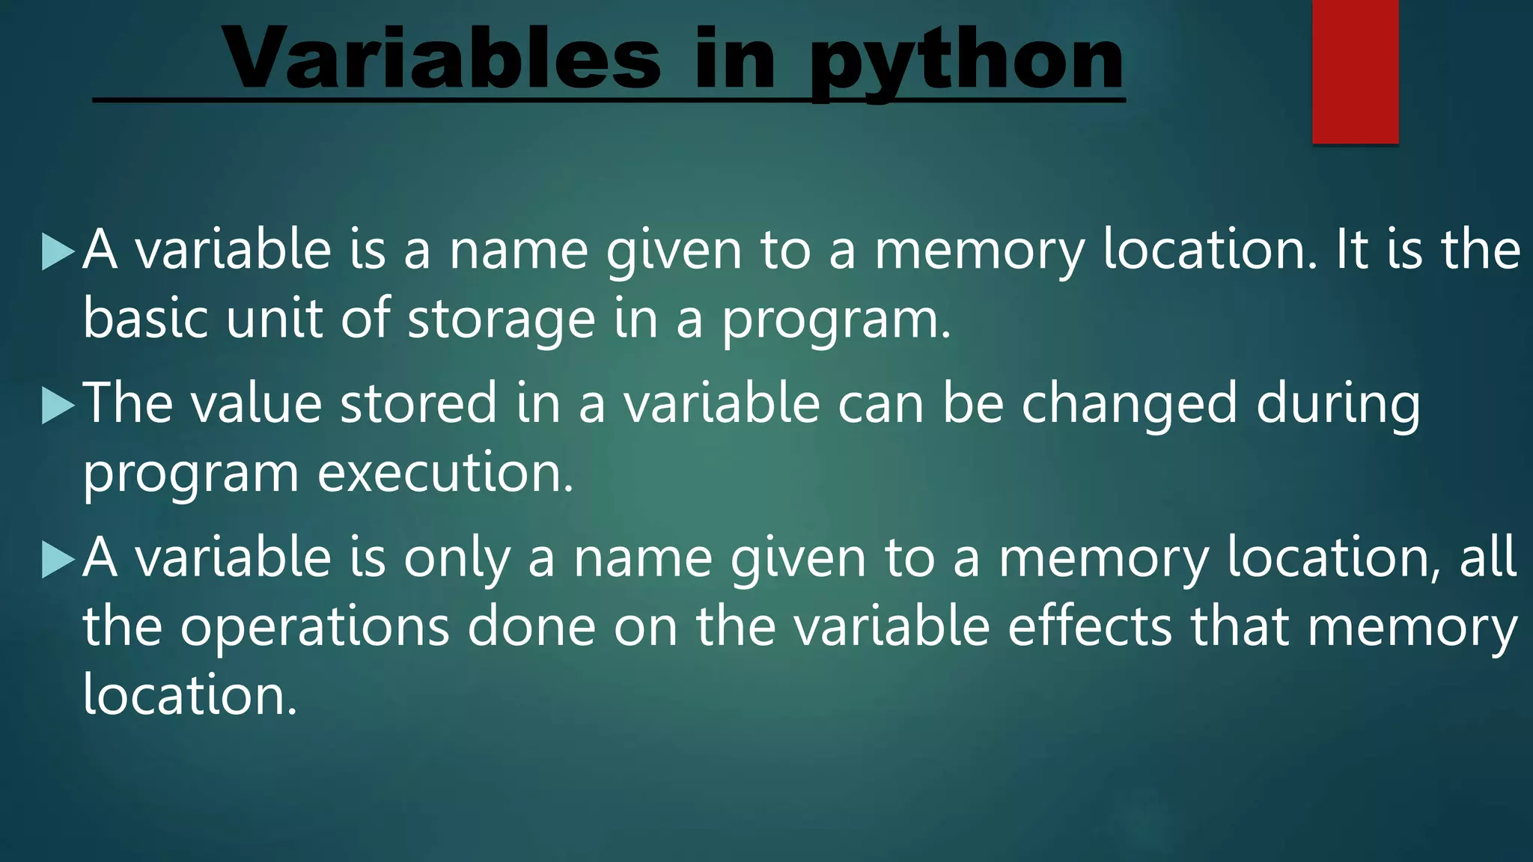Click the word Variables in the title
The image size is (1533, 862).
pos(442,58)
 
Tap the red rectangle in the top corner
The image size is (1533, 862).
pos(1355,71)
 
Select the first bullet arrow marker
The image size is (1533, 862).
pos(58,251)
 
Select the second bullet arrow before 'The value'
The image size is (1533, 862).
pos(58,406)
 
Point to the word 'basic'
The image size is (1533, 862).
pos(145,318)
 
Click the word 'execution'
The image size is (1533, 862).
pos(445,474)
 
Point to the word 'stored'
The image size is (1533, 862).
pos(418,404)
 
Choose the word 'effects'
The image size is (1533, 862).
pos(1090,627)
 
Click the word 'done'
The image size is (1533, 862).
pos(531,627)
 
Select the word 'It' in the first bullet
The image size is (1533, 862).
pos(1352,250)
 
